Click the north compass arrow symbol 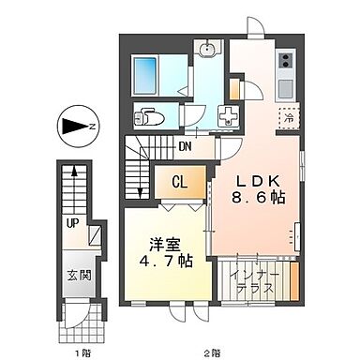click(x=78, y=124)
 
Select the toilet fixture click(x=148, y=117)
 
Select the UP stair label click(x=71, y=223)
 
